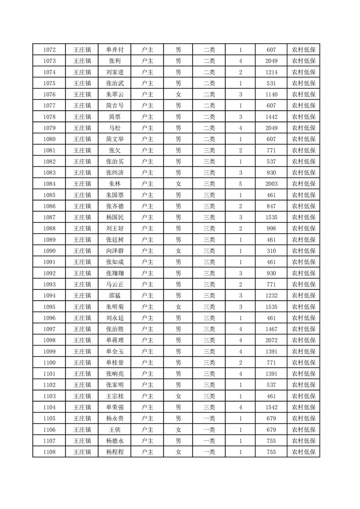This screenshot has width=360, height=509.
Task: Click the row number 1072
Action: (49, 49)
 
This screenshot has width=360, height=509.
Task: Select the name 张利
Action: (114, 61)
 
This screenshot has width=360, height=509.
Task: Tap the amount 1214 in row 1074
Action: (271, 72)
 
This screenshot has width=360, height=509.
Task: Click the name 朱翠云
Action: (114, 94)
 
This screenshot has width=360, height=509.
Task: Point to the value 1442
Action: (271, 117)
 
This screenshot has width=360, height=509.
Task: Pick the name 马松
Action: (114, 128)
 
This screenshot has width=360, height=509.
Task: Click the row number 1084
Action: (49, 184)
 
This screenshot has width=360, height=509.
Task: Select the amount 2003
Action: (271, 184)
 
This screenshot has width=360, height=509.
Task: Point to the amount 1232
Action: (271, 295)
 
